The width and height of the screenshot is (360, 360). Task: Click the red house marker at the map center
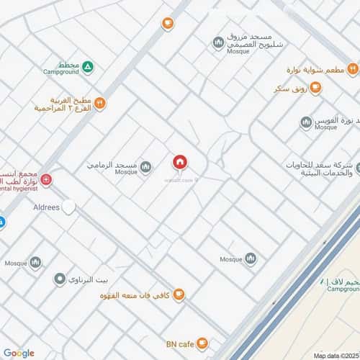[179, 161]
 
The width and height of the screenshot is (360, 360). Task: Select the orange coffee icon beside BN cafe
[204, 343]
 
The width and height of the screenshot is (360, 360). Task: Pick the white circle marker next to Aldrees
[68, 207]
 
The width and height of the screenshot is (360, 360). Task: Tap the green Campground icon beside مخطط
[88, 67]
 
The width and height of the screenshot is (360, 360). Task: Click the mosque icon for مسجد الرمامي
[146, 167]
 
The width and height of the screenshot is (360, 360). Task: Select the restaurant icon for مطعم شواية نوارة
[352, 68]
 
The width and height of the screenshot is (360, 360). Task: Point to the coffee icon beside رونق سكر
[315, 88]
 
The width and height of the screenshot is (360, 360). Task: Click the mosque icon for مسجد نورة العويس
[306, 122]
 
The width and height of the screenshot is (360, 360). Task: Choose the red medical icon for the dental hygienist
[46, 179]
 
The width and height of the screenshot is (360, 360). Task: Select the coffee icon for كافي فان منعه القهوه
[179, 294]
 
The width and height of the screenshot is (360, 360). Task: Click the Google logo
[19, 352]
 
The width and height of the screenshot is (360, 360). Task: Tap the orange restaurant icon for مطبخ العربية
[99, 103]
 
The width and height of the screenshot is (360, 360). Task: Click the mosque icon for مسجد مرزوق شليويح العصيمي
[217, 44]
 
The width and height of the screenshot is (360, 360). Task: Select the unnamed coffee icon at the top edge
[168, 23]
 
